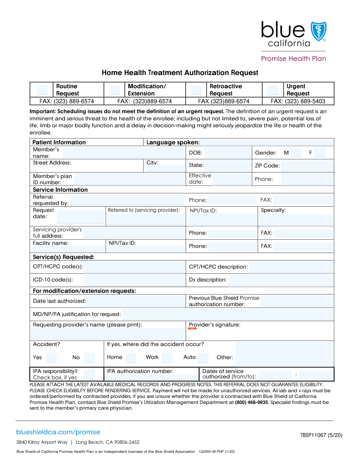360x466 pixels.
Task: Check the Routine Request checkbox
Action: point(42,90)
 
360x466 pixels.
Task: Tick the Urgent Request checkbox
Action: point(273,90)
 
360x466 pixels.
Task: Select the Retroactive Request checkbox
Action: point(196,90)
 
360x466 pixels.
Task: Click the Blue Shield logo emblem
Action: point(318,31)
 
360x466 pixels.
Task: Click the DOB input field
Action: point(228,153)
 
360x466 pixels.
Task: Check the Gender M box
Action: point(295,152)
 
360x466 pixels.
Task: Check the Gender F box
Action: point(320,152)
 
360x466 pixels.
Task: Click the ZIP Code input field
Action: point(307,166)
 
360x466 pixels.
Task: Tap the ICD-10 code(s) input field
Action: point(135,280)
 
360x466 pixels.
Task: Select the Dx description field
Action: point(281,280)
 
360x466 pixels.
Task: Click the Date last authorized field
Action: point(136,301)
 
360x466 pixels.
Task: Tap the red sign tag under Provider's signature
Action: point(192,329)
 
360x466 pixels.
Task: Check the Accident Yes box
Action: point(51,357)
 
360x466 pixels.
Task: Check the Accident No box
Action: point(89,357)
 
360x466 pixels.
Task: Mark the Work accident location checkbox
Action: point(167,357)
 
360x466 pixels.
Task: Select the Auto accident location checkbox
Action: point(203,357)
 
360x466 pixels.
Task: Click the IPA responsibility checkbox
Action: point(89,374)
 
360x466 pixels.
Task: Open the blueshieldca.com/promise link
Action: point(58,432)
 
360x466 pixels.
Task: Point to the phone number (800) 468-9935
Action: point(251,402)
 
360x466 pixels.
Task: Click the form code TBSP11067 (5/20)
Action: point(321,435)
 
